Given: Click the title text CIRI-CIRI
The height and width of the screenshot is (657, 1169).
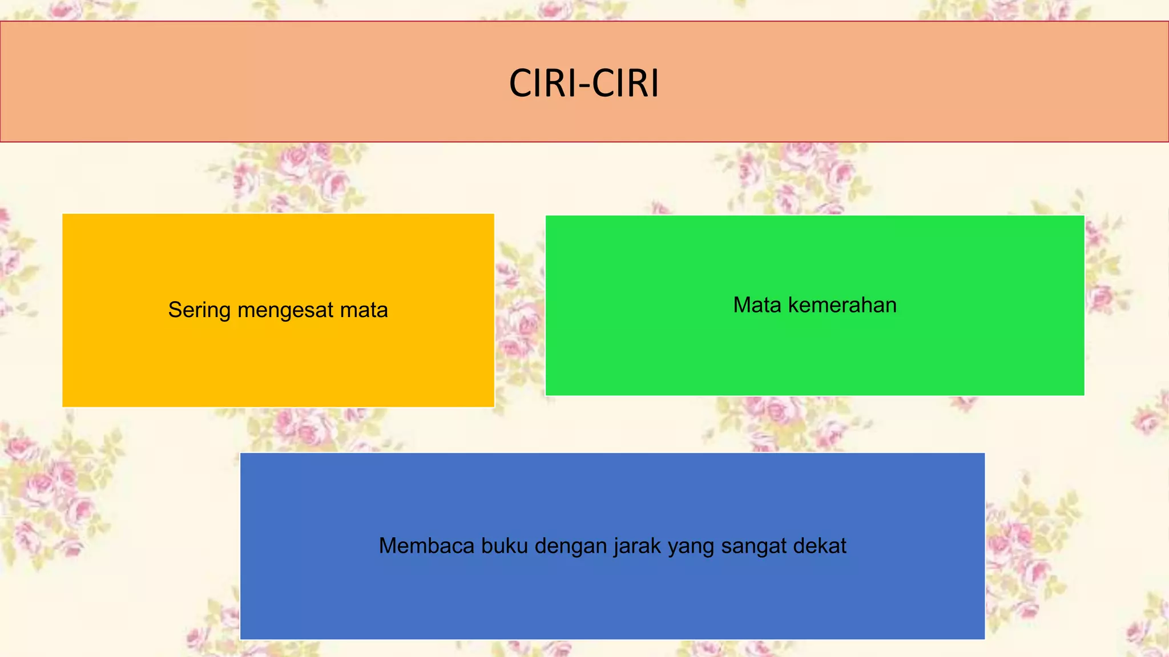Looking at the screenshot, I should click(584, 83).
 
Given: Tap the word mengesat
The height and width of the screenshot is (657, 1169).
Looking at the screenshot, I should click(285, 310).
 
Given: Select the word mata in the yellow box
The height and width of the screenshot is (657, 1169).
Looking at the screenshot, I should click(364, 310).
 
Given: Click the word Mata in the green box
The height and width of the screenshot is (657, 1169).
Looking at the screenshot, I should click(757, 305).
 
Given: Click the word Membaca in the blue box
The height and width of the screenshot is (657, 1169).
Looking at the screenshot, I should click(426, 546).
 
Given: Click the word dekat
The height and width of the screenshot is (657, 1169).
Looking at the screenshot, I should click(820, 546).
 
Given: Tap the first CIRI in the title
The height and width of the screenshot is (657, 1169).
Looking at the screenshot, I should click(542, 83).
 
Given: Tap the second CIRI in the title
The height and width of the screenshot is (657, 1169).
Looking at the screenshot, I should click(626, 83).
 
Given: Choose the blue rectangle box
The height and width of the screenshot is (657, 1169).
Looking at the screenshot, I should click(612, 599).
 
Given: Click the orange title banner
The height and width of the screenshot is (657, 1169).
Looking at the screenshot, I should click(228, 82).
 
